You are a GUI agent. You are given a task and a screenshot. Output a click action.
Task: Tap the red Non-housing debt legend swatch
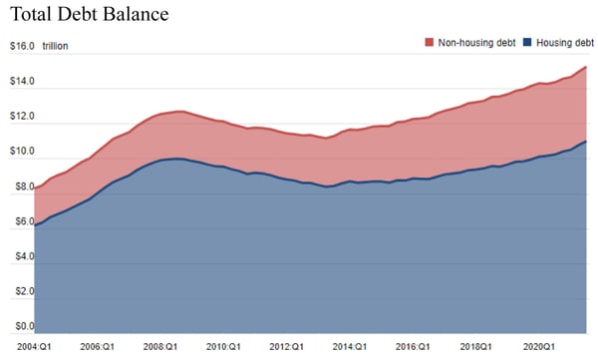tap(430, 43)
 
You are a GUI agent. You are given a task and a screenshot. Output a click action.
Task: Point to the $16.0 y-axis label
tap(22, 46)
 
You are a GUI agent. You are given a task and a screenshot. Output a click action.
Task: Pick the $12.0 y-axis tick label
tap(22, 117)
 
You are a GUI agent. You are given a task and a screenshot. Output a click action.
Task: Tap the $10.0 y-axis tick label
tap(22, 152)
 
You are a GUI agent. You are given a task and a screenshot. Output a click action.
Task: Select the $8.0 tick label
tap(22, 186)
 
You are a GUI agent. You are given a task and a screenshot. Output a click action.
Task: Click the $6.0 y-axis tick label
tap(22, 221)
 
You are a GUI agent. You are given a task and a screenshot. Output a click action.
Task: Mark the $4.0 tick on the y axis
tap(22, 256)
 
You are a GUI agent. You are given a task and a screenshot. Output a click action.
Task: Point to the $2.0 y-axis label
tap(22, 291)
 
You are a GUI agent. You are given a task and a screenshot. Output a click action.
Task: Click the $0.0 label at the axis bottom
tap(22, 325)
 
